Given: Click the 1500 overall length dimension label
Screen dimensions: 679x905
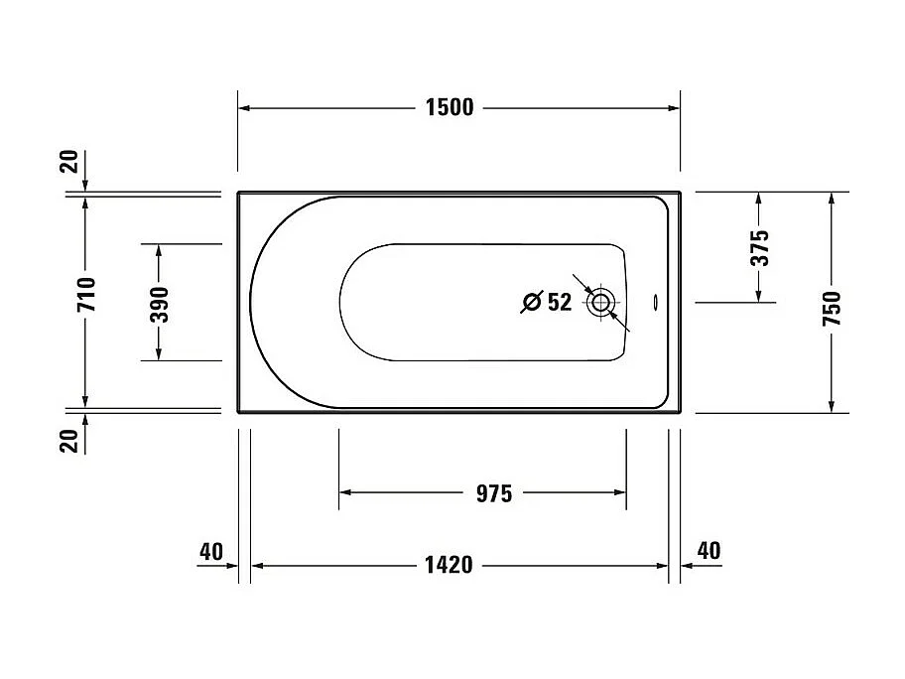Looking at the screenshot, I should [x=450, y=108].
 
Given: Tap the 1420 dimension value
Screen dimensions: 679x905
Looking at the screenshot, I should [x=449, y=566].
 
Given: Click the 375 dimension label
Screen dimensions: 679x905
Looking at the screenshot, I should [x=759, y=248].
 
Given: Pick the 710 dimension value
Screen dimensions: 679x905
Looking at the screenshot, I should [x=85, y=295].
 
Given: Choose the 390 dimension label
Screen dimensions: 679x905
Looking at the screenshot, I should [x=159, y=305].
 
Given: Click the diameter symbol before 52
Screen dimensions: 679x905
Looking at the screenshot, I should [x=532, y=303].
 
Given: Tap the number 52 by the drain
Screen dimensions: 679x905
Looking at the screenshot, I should [x=560, y=303].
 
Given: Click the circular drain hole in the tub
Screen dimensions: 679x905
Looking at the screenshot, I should [x=600, y=303].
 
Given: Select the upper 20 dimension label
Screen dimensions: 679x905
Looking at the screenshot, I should [x=69, y=164].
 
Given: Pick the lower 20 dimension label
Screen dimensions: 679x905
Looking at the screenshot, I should [x=69, y=439].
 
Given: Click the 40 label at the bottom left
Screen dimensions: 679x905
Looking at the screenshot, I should [x=210, y=551].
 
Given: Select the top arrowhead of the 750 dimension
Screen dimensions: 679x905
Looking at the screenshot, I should [x=831, y=199].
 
